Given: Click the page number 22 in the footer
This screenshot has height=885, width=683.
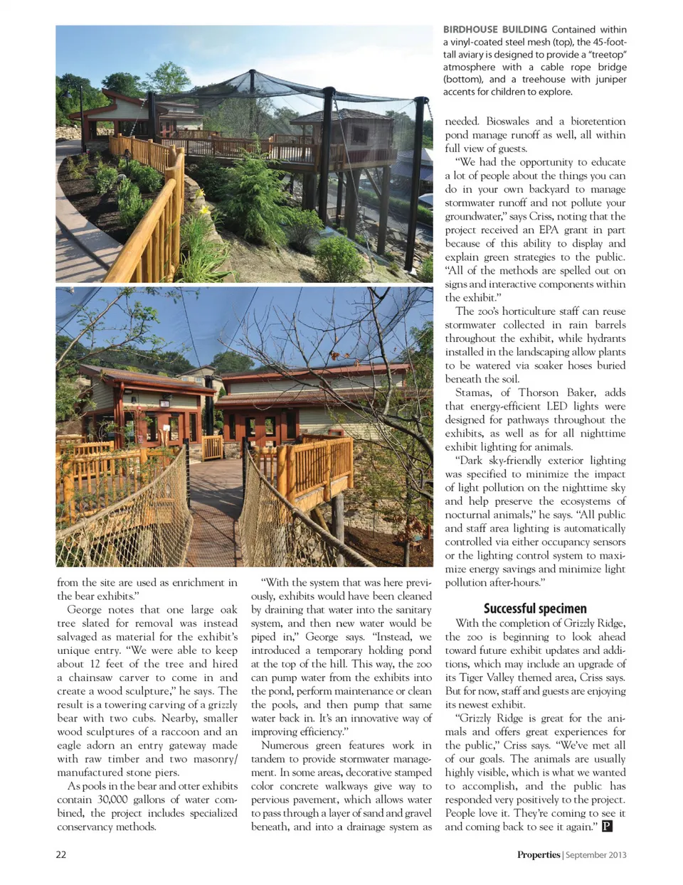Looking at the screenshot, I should (61, 854).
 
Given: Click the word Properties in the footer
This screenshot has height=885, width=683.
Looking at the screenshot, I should (539, 854).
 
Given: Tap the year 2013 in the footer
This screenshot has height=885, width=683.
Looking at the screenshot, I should (616, 854).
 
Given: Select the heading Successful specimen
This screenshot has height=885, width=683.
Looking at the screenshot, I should (535, 608).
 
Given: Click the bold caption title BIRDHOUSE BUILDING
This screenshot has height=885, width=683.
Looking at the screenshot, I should (494, 30).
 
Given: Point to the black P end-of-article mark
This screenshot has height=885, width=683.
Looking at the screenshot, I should (607, 827).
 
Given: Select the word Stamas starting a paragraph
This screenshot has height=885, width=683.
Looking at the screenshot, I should (472, 392).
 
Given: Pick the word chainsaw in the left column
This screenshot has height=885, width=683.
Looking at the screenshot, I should (96, 677).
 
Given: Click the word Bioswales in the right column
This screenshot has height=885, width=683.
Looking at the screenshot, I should (508, 122).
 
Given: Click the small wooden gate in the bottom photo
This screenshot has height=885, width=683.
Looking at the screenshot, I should (212, 448).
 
